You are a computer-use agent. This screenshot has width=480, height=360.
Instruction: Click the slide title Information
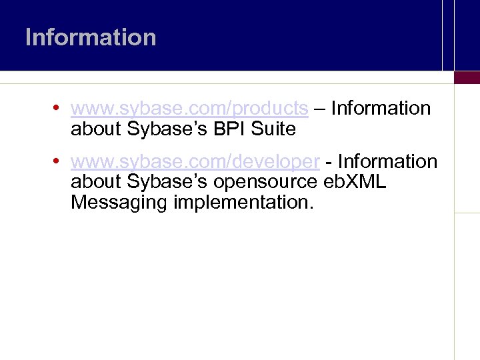(91, 37)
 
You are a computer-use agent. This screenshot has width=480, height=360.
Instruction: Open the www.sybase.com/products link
(189, 108)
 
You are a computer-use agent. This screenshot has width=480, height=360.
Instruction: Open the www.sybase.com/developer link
(195, 162)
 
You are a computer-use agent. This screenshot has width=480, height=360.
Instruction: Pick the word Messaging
(119, 203)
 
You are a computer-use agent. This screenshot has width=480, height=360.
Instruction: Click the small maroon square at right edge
(467, 77)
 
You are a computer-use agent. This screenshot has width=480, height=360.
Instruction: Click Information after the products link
(381, 108)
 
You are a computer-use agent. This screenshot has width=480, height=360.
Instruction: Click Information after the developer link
(387, 162)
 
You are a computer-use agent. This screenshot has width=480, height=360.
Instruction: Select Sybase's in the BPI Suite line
(167, 129)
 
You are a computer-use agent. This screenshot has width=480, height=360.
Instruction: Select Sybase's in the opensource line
(167, 182)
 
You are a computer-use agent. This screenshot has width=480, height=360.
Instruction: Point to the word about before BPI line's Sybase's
(96, 129)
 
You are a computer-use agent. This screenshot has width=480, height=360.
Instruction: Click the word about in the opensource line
(96, 182)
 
